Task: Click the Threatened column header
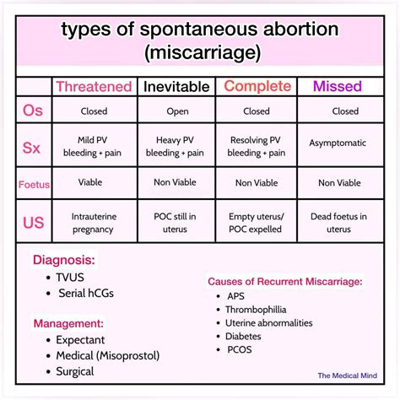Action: (93, 86)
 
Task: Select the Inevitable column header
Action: (176, 86)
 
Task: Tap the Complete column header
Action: (257, 86)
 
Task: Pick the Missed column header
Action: (337, 86)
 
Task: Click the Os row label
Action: (33, 111)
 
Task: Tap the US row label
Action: (33, 222)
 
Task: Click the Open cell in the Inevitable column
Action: (176, 111)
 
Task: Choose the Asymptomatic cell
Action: (337, 143)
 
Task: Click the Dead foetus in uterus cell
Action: (338, 223)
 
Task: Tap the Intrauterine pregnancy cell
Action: (93, 223)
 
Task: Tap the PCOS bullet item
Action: (239, 349)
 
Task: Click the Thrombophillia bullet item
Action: (262, 310)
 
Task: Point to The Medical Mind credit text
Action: (346, 377)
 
